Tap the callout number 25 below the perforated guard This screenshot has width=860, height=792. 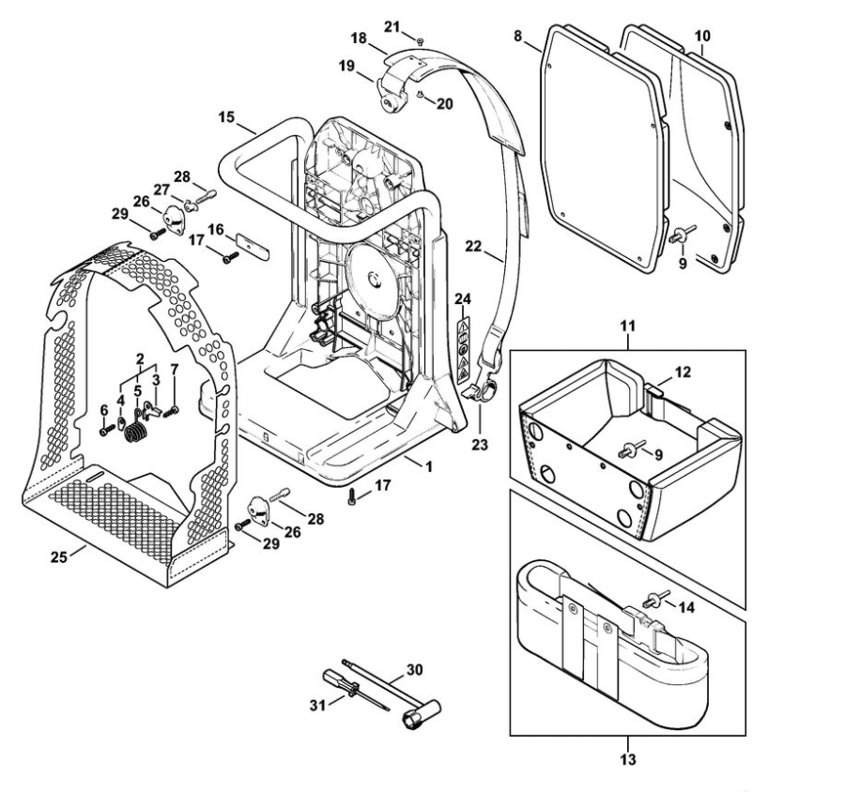pyautogui.click(x=59, y=556)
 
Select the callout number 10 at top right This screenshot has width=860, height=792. pyautogui.click(x=702, y=36)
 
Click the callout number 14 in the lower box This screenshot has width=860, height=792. pyautogui.click(x=686, y=607)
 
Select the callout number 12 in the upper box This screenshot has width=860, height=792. pyautogui.click(x=683, y=373)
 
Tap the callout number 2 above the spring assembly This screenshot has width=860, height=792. pyautogui.click(x=139, y=359)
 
